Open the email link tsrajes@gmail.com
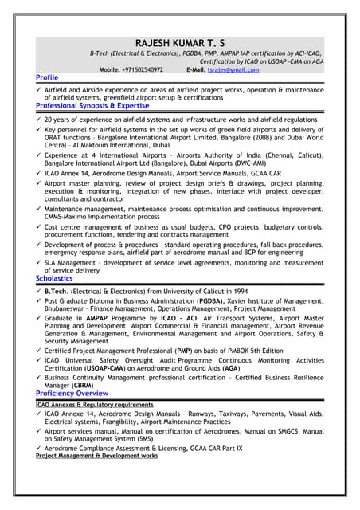pos(233,70)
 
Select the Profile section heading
pos(47,77)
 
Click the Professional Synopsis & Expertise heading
pos(92,105)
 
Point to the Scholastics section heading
pos(54,278)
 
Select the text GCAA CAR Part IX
pos(225,449)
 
